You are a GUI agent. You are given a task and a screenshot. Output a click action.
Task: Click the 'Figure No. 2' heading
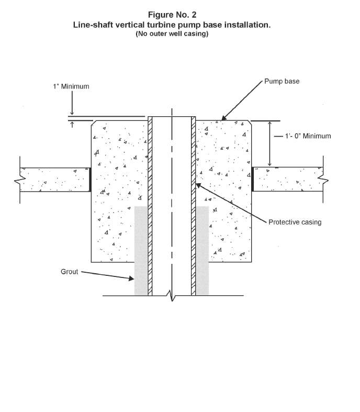coord(172,15)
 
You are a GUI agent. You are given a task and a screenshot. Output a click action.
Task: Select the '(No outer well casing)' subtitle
coord(172,34)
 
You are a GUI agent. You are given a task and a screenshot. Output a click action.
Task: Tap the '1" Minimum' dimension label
coord(71,86)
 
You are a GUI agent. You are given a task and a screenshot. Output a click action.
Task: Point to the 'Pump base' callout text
coord(282,81)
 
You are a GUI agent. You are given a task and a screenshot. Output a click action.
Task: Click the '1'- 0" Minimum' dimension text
coord(308,136)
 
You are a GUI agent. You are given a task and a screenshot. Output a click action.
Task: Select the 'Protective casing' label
coord(295,222)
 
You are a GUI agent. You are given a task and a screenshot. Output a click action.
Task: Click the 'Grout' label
coord(69,272)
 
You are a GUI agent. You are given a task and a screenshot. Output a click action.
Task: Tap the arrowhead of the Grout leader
coord(131,279)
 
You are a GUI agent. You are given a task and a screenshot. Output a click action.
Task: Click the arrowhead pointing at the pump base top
coord(224,118)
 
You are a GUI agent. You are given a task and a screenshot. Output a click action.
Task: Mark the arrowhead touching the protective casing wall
coord(198,185)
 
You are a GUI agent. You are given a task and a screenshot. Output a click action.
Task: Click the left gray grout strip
coord(141,251)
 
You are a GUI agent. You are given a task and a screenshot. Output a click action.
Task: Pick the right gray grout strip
coord(202,251)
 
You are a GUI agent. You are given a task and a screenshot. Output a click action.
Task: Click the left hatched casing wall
coord(150,206)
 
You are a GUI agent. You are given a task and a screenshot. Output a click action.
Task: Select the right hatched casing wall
coord(193,206)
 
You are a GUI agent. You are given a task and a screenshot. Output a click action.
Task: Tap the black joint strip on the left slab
coord(90,180)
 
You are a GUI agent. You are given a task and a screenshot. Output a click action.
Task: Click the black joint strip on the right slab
coord(253,179)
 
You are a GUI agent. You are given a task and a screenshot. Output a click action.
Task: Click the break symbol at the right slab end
coord(323,180)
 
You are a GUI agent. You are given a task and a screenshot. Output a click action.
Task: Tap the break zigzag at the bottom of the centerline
coord(172,295)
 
